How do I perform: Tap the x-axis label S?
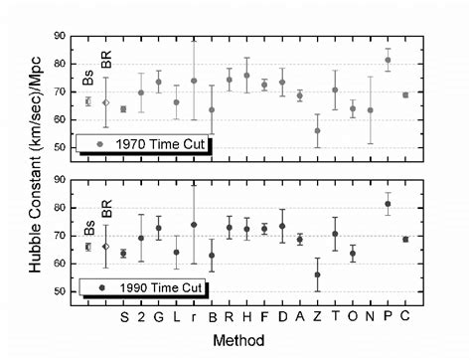click(x=124, y=318)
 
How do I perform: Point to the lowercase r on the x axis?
click(x=194, y=318)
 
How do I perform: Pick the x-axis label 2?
click(x=141, y=318)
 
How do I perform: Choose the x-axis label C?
click(x=405, y=318)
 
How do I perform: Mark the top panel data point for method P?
click(x=388, y=60)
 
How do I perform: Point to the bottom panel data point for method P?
click(x=388, y=204)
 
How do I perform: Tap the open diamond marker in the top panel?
click(x=106, y=102)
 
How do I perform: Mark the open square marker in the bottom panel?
click(x=88, y=246)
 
